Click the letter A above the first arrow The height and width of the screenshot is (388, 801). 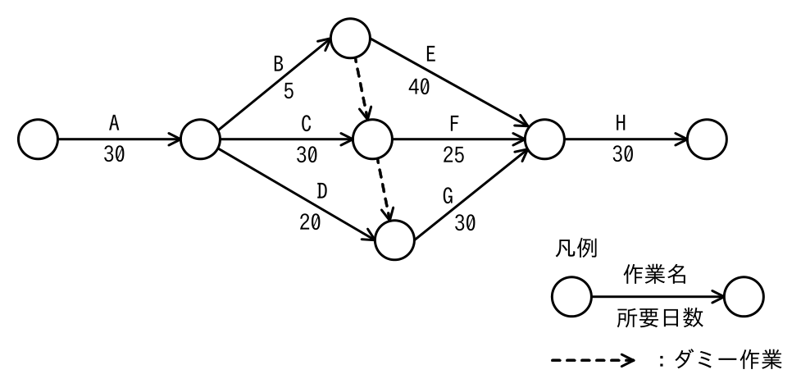pyautogui.click(x=114, y=123)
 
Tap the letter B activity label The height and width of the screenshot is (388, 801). pyautogui.click(x=278, y=65)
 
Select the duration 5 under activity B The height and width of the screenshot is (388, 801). pyautogui.click(x=289, y=91)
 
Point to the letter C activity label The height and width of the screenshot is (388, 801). pyautogui.click(x=306, y=123)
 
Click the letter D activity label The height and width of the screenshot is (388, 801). pyautogui.click(x=322, y=190)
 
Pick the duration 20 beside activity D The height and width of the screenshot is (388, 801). pyautogui.click(x=310, y=222)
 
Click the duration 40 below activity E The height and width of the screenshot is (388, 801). pyautogui.click(x=419, y=88)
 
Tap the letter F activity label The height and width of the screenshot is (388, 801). pyautogui.click(x=454, y=123)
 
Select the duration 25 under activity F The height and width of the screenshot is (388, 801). pyautogui.click(x=453, y=155)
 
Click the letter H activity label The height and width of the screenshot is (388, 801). pyautogui.click(x=621, y=123)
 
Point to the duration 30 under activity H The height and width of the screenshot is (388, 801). pyautogui.click(x=623, y=154)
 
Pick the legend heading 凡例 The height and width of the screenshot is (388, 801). pyautogui.click(x=576, y=249)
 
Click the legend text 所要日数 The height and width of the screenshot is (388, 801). pyautogui.click(x=660, y=318)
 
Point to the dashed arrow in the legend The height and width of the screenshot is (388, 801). pyautogui.click(x=593, y=361)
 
